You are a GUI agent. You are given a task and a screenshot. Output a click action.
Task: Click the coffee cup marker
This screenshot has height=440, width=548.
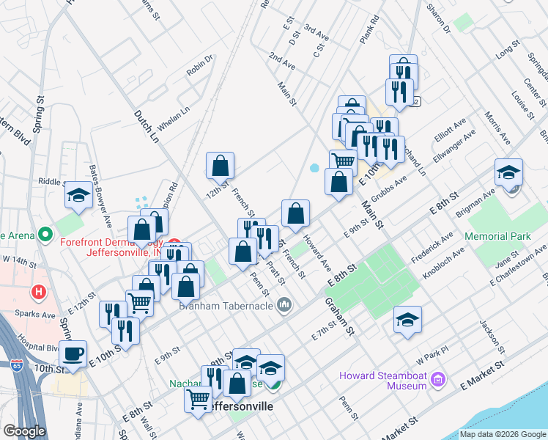73,353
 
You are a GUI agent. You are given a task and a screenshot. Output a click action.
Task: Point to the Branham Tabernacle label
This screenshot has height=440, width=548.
226,305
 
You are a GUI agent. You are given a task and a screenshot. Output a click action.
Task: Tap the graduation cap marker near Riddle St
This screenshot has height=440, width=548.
78,195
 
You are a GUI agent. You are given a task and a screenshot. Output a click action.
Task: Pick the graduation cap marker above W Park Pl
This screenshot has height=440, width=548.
407,319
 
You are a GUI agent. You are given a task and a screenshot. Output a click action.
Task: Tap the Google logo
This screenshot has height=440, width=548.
24,431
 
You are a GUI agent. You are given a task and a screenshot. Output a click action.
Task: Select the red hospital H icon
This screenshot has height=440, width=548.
38,292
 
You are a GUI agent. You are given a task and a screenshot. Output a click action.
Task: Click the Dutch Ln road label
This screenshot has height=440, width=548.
146,125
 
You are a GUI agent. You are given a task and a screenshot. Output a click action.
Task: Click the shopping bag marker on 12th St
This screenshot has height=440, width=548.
220,166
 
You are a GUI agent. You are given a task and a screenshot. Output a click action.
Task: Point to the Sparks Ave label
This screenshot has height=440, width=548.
39,315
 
